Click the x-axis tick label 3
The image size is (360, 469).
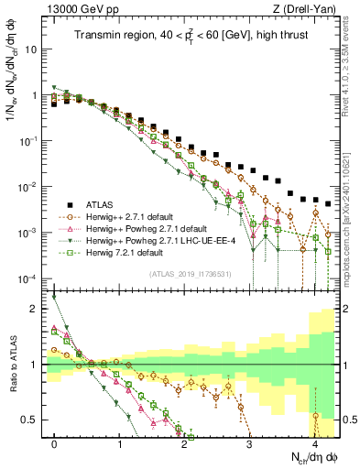(250, 443)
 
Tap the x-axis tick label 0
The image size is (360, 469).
(55, 443)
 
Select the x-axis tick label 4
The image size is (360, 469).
(315, 443)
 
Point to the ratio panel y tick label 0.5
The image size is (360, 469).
(32, 420)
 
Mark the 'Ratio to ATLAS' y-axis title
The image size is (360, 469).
(13, 362)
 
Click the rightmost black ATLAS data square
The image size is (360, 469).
(328, 203)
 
